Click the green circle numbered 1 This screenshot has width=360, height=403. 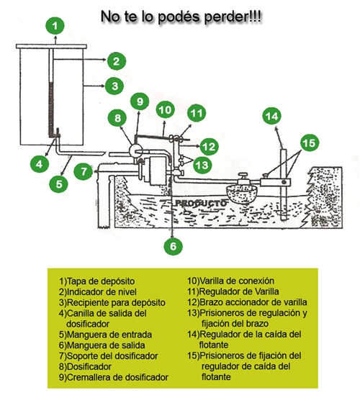(x=55, y=26)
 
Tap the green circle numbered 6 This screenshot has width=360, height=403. (x=173, y=246)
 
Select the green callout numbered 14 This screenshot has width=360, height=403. (x=272, y=116)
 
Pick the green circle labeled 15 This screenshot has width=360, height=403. (x=309, y=143)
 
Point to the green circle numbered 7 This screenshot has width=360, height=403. (x=84, y=171)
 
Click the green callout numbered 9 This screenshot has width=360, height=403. (x=140, y=101)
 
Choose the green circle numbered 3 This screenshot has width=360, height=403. (x=114, y=86)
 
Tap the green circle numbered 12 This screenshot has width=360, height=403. (x=209, y=147)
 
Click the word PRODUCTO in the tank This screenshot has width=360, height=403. (x=201, y=203)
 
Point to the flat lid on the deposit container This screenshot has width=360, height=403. (x=51, y=46)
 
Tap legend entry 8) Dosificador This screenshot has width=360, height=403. (x=85, y=366)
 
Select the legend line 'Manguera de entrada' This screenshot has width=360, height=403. (x=105, y=335)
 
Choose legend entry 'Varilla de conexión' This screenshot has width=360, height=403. (x=230, y=281)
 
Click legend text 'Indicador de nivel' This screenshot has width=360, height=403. (x=98, y=292)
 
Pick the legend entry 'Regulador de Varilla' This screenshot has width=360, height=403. (x=233, y=291)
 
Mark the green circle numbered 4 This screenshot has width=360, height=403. (x=40, y=164)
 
